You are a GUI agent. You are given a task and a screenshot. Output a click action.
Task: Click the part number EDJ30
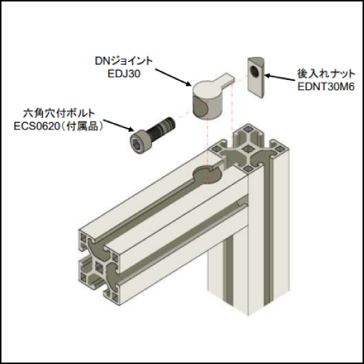(124, 74)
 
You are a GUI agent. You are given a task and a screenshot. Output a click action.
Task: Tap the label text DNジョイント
(124, 61)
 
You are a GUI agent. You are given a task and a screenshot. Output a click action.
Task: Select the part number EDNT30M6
(326, 87)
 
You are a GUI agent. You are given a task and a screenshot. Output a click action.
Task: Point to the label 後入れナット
(326, 74)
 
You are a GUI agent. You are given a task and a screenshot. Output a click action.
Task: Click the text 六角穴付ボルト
(59, 114)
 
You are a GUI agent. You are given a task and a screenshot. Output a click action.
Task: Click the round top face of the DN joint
(207, 90)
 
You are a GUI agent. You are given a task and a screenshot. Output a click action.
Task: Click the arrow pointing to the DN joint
(173, 77)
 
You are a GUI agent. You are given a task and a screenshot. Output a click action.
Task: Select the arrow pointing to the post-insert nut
(280, 77)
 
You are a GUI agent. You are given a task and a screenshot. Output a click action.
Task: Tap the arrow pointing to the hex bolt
(119, 125)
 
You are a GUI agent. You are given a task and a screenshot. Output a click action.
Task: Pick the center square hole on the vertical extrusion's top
(248, 148)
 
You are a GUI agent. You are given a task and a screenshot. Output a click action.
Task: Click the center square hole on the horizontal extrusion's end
(98, 267)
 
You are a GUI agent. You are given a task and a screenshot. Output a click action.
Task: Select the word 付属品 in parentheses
(82, 126)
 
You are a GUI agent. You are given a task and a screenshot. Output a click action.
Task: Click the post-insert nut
(256, 78)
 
